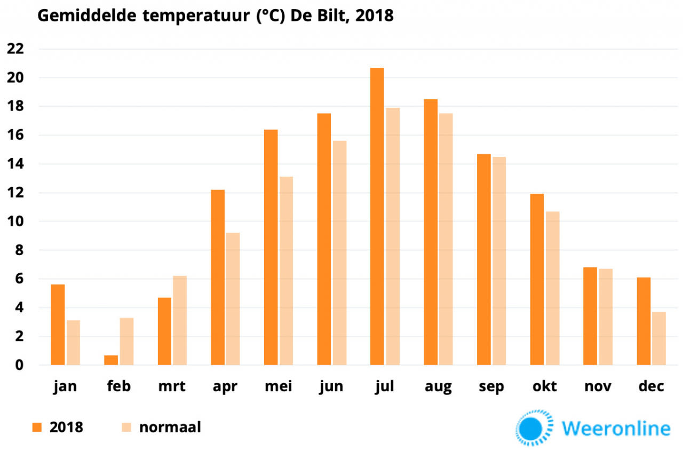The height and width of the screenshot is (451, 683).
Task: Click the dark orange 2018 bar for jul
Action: coord(377,216)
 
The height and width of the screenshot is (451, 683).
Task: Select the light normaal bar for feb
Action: coord(126,342)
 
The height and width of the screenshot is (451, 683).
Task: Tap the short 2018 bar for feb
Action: coord(111,360)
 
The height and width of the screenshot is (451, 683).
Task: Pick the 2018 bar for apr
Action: coord(218,278)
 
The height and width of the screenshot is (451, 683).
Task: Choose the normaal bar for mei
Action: coord(286,271)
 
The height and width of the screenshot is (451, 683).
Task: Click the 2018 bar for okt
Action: coord(537,279)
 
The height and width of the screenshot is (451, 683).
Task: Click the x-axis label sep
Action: coord(491,386)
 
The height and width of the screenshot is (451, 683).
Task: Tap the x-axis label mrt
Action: coord(172,386)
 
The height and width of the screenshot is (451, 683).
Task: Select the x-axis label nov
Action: coord(598,386)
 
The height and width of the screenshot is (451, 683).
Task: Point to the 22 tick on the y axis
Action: coord(16,49)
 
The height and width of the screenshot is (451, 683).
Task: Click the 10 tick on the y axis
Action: coord(16,221)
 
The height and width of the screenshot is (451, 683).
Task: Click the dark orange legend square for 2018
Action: coord(37,427)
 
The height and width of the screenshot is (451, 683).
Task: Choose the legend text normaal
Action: coord(170,427)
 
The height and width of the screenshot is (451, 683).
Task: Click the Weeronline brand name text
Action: coord(616,428)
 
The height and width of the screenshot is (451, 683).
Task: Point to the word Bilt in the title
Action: coord(333,15)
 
